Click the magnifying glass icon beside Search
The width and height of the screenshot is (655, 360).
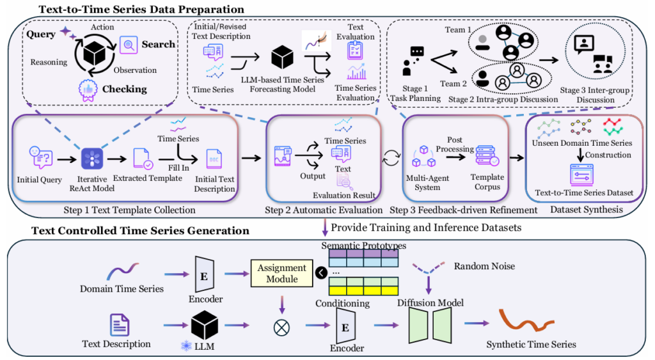pyautogui.click(x=128, y=44)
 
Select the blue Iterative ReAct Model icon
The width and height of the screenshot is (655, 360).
pyautogui.click(x=92, y=157)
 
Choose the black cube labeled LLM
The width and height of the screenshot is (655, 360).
pyautogui.click(x=205, y=325)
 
